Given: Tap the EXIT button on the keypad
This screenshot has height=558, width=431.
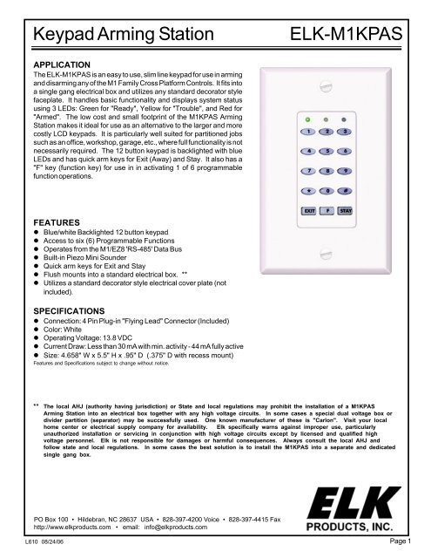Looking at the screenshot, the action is [309, 210].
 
